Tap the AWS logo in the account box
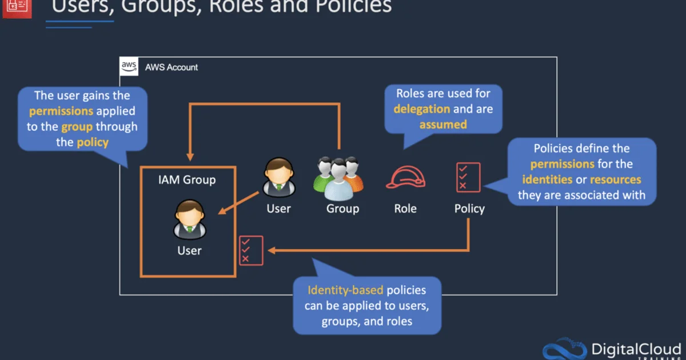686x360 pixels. click(129, 67)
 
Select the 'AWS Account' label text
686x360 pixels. click(171, 67)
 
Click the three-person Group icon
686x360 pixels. click(338, 176)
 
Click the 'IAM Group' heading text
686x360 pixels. click(187, 180)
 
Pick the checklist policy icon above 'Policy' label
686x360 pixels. click(468, 177)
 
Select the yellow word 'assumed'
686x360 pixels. click(443, 124)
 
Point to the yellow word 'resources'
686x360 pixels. click(615, 179)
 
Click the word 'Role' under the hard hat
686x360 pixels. click(405, 209)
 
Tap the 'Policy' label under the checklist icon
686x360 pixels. click(469, 209)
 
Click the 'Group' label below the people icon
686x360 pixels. click(342, 209)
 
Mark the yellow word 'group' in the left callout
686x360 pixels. click(77, 126)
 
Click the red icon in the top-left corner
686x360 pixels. click(16, 7)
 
